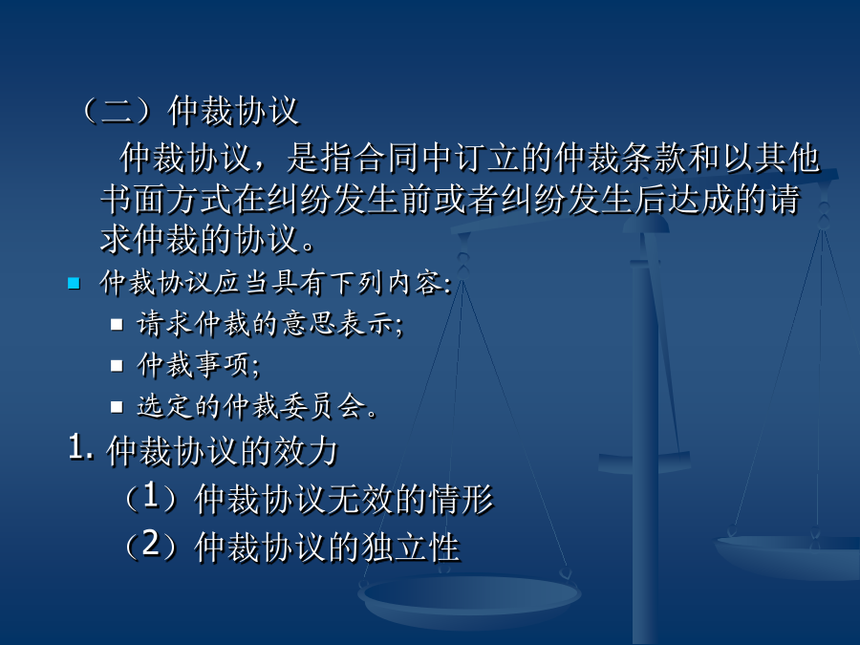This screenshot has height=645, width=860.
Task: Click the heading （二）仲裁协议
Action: (x=190, y=111)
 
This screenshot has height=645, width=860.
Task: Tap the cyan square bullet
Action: (x=74, y=283)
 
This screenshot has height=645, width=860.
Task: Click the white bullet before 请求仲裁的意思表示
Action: (x=117, y=324)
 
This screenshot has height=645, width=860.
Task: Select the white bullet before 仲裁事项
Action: (x=117, y=365)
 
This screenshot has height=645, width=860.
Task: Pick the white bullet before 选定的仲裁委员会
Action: (x=117, y=406)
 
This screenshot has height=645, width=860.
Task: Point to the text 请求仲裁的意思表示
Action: (x=269, y=324)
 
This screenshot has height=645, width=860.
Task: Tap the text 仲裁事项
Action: (x=198, y=365)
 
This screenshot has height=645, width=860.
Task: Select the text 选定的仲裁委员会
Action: (x=257, y=406)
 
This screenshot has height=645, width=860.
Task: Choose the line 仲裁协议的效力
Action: (x=222, y=451)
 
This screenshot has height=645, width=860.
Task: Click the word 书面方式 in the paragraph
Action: (x=166, y=199)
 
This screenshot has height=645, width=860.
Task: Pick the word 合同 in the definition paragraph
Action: (x=387, y=158)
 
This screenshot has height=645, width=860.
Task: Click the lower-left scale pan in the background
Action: (x=469, y=599)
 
